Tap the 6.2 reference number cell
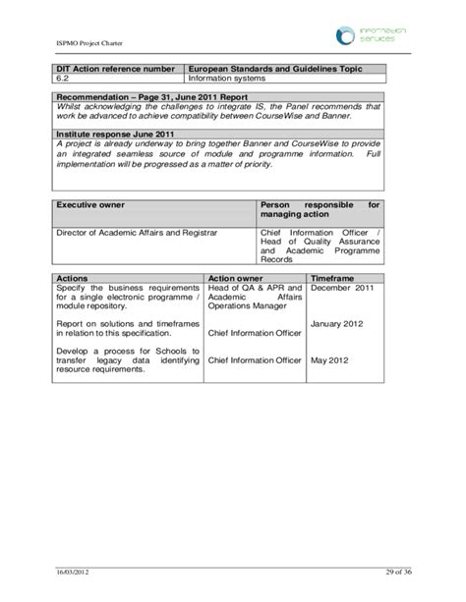(x=62, y=78)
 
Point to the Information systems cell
(x=226, y=78)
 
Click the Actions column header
(x=73, y=279)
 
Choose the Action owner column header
(x=235, y=279)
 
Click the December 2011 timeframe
(x=341, y=289)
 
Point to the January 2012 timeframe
(x=338, y=324)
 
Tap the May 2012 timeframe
(x=331, y=359)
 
